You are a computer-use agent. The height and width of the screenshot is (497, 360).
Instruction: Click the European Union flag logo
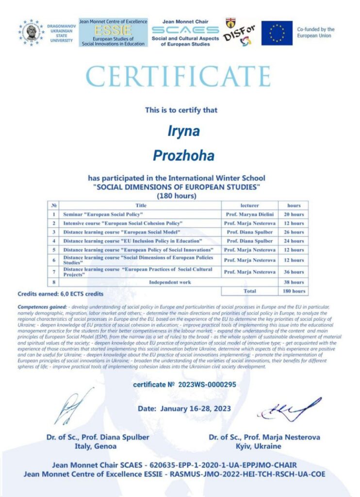[x=277, y=33]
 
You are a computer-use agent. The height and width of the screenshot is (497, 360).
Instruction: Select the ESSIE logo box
[x=113, y=33]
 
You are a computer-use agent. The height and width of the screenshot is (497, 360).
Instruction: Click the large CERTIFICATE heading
[x=178, y=76]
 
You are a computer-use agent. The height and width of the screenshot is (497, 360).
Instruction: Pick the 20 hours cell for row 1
[x=294, y=214]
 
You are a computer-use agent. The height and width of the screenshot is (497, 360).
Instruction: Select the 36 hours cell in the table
[x=294, y=272]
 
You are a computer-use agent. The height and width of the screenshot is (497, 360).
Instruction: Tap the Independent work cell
[x=170, y=282]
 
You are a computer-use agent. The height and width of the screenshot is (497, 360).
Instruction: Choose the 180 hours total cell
[x=294, y=291]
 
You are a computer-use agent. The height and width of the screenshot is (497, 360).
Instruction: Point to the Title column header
[x=141, y=205]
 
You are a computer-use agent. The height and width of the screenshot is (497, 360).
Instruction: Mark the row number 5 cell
[x=54, y=249]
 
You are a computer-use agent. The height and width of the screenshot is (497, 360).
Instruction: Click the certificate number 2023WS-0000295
[x=184, y=385]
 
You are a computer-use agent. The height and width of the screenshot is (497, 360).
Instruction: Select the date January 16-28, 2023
[x=184, y=409]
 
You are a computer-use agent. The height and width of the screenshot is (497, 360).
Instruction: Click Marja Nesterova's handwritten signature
[x=289, y=410]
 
